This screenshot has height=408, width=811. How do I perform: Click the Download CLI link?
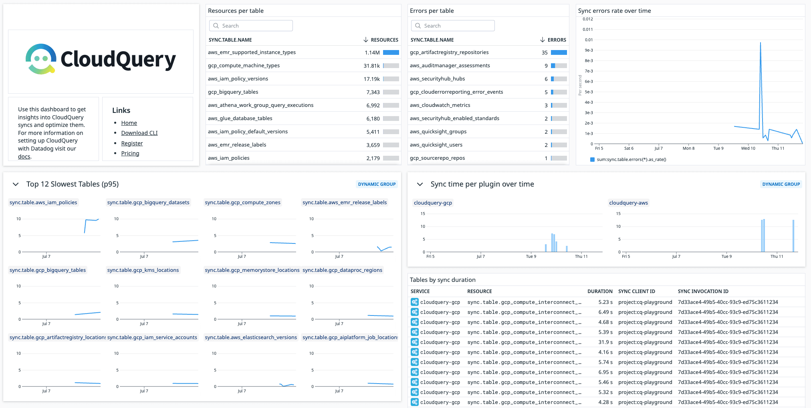click(x=139, y=133)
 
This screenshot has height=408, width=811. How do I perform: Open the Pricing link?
click(x=130, y=153)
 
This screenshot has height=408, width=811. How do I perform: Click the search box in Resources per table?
click(x=251, y=26)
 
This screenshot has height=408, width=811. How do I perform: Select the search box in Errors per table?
click(x=453, y=26)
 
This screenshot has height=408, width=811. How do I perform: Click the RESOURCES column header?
click(x=384, y=40)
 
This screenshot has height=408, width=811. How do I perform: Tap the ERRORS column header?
click(x=556, y=40)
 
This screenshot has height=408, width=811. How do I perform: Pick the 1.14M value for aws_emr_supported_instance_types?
click(x=372, y=52)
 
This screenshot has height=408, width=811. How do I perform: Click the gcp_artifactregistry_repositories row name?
click(x=449, y=52)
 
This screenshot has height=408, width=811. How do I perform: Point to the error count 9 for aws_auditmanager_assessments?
click(x=546, y=66)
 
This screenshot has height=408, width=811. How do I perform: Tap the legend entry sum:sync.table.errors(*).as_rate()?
click(x=631, y=159)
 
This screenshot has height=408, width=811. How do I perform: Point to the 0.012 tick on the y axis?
click(x=587, y=19)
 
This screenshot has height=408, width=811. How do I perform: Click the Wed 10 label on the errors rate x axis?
click(x=748, y=148)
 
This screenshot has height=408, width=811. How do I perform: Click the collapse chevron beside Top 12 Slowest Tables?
click(x=16, y=184)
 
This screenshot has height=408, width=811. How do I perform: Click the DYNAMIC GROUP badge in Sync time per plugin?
click(x=781, y=184)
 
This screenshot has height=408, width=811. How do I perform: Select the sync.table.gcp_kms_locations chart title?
click(x=143, y=270)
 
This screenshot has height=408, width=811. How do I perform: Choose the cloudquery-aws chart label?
click(x=628, y=203)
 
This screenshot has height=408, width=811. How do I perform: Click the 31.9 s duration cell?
click(x=605, y=342)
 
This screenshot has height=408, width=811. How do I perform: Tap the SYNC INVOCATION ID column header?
click(x=703, y=291)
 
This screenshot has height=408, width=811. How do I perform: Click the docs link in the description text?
click(x=24, y=157)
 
